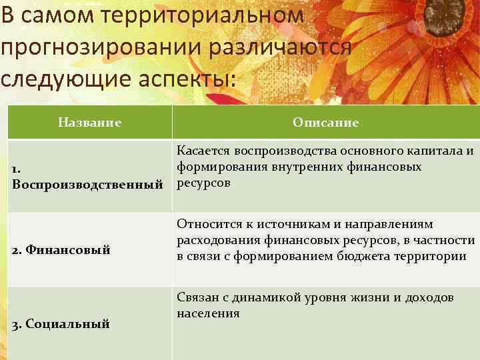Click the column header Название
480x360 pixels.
[x=89, y=123]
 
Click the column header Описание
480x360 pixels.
[x=325, y=123]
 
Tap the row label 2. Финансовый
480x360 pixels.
[x=61, y=250]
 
